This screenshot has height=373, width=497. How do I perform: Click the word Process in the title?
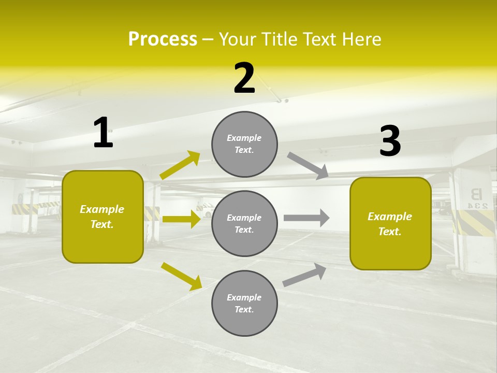163,39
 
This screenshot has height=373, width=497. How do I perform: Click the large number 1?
103,133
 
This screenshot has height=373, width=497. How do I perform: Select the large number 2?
244,78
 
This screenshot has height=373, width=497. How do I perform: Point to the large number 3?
390,141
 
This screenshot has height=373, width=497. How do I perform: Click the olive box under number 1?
103,217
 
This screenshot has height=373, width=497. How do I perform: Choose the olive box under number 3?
390,223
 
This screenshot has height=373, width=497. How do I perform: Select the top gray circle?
244,144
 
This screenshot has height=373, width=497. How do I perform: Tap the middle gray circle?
244,223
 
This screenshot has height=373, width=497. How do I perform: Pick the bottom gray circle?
244,303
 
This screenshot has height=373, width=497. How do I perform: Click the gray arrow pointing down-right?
308,166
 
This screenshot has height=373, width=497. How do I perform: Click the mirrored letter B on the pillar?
475,195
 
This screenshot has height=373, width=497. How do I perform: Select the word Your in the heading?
237,39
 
